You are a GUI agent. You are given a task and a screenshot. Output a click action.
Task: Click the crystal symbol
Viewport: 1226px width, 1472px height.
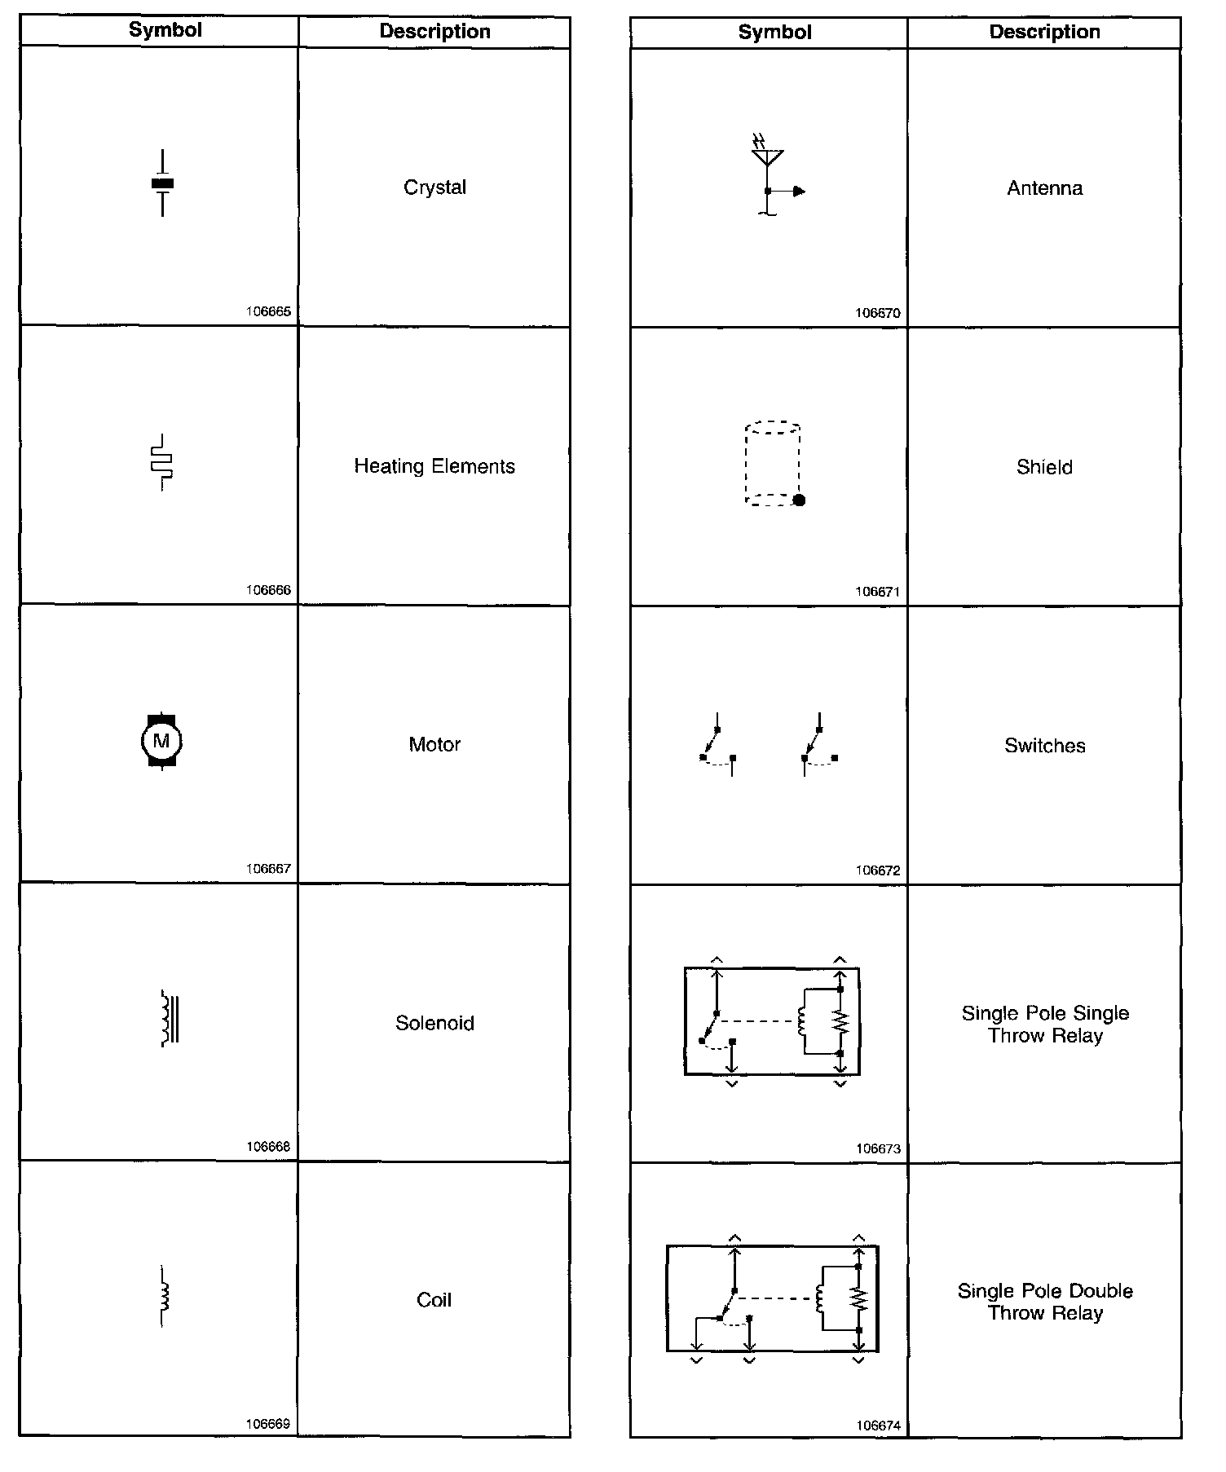click(163, 184)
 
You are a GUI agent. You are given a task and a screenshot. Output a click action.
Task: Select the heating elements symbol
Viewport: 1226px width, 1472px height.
click(162, 462)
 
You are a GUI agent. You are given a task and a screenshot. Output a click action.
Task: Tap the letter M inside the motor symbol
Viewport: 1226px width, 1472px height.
click(161, 741)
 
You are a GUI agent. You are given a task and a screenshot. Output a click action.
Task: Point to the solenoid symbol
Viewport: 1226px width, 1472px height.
click(170, 1018)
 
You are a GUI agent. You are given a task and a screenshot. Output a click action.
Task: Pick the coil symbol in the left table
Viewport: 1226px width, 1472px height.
click(165, 1295)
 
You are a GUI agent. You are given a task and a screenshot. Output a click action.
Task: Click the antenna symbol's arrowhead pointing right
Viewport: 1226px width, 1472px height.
click(799, 192)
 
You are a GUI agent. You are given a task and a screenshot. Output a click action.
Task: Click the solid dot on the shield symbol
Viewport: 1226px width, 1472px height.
click(800, 500)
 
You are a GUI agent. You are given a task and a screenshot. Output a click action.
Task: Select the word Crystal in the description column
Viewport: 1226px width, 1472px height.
click(434, 187)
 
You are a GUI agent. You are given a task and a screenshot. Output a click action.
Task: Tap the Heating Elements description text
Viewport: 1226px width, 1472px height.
click(434, 466)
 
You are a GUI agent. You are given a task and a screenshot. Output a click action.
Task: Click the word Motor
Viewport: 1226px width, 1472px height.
click(434, 744)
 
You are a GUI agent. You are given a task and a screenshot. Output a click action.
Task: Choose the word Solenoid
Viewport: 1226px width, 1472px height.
click(434, 1023)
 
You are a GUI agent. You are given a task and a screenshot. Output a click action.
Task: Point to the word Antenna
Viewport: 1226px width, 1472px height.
click(1044, 188)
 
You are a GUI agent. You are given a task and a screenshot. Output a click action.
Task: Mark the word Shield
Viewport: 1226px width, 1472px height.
click(1044, 467)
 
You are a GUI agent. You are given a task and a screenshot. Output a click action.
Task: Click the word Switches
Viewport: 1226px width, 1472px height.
click(1044, 746)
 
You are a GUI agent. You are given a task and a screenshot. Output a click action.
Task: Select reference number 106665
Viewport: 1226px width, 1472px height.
click(268, 311)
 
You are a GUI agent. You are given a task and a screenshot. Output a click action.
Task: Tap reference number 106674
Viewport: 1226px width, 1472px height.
click(878, 1426)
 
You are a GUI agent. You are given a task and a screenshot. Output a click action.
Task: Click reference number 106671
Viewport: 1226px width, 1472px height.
click(878, 592)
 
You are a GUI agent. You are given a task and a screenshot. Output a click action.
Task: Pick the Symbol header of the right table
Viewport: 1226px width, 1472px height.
click(774, 33)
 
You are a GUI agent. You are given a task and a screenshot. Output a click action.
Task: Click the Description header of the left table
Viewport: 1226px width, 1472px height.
click(434, 32)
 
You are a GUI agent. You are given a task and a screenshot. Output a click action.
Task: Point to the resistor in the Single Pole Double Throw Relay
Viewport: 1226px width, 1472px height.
click(859, 1299)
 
